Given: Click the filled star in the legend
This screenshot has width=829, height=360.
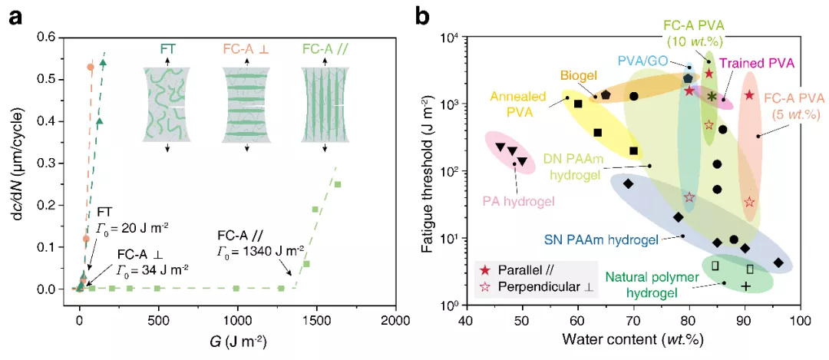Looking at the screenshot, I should click(484, 270).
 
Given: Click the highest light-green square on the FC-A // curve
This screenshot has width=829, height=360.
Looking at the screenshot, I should click(337, 184).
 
